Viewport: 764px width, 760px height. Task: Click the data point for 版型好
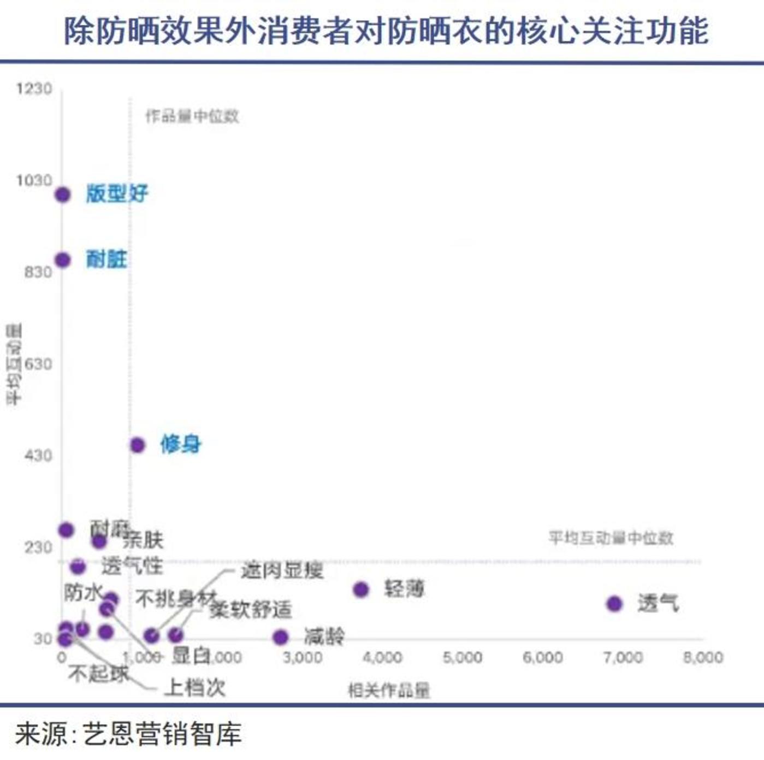tap(63, 195)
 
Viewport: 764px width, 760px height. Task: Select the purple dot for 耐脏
tap(63, 260)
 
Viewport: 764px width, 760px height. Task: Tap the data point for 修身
tap(137, 445)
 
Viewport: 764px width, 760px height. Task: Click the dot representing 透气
tap(614, 604)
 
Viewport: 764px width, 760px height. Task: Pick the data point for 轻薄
tap(361, 590)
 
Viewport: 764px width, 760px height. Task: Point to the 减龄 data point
tap(280, 637)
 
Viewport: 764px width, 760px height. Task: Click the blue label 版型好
tap(117, 193)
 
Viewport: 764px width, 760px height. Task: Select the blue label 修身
tap(181, 444)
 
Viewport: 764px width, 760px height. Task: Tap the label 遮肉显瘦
tap(282, 570)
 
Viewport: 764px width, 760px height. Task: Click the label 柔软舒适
tap(251, 609)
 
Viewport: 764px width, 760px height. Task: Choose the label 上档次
tap(195, 687)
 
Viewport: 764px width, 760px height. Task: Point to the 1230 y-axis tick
tap(34, 89)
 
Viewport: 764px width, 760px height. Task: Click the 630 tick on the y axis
tap(38, 364)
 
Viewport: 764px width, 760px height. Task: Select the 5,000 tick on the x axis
tap(462, 657)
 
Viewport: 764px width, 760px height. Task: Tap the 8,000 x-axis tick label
tap(703, 657)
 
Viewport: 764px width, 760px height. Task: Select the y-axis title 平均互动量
tap(14, 364)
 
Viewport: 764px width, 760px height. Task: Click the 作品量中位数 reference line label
tap(192, 116)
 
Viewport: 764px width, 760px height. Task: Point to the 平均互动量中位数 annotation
tap(611, 538)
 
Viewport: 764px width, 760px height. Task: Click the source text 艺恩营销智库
tap(162, 734)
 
